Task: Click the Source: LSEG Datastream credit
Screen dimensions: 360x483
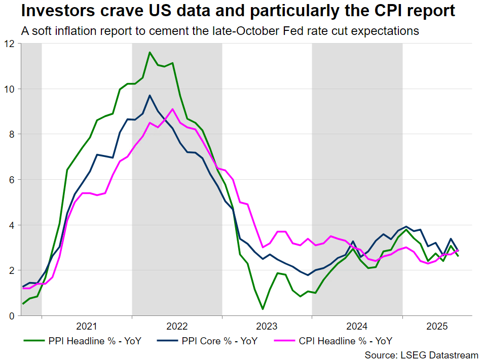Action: (422, 355)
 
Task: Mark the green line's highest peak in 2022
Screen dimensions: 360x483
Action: (150, 52)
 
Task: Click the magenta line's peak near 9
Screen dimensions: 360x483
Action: (173, 109)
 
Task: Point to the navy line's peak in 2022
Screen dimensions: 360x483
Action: (150, 95)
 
